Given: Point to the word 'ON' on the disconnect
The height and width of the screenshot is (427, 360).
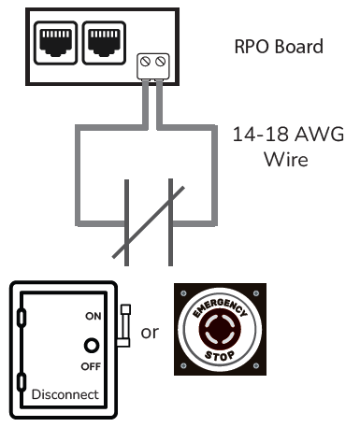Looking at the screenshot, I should pos(92,317).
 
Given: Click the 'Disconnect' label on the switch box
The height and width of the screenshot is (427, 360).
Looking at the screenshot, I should pos(65,394).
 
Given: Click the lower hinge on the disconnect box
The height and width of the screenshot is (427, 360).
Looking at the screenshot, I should pos(22,380).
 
